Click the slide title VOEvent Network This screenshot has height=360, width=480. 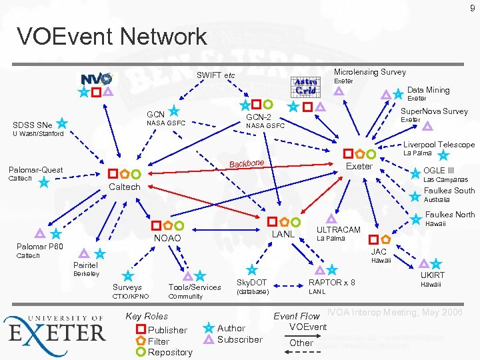[112, 36]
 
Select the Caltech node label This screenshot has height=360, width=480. [125, 187]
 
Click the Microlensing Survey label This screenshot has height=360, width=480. [369, 72]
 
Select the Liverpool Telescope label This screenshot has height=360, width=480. [439, 145]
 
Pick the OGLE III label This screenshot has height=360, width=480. [439, 171]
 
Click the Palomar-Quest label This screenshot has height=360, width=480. [35, 169]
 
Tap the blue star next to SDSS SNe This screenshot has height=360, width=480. [61, 123]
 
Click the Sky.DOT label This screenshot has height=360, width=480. [252, 283]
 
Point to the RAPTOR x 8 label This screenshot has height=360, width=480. [331, 283]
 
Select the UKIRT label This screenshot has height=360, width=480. [432, 275]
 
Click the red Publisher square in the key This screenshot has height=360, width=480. [141, 330]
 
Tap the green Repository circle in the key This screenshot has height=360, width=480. [141, 352]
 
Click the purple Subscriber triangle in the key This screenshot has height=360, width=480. [209, 339]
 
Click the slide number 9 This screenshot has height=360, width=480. [472, 8]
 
